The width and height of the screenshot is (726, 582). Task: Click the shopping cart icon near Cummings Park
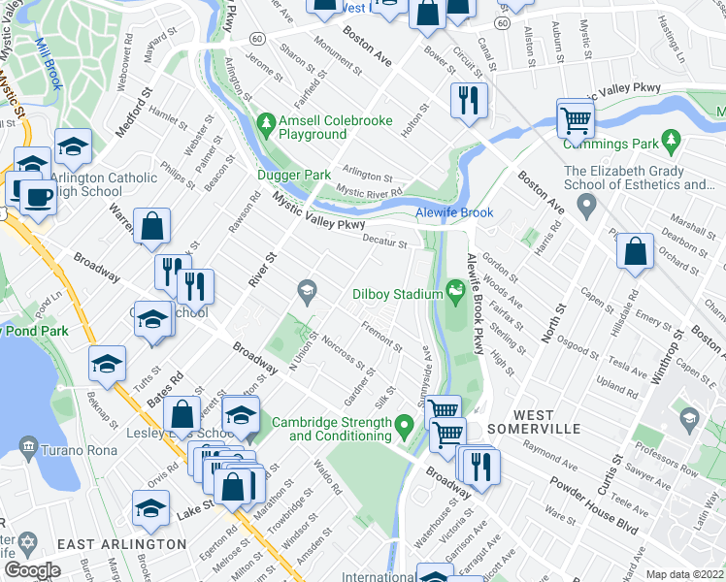coord(576,120)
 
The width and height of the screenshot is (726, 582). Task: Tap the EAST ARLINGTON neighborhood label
coord(121,544)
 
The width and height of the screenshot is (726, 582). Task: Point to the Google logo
coord(32,570)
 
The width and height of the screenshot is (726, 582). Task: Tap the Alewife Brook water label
coord(455,212)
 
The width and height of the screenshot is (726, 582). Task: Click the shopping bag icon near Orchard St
coord(635,250)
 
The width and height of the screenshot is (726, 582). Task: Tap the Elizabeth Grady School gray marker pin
coord(585,206)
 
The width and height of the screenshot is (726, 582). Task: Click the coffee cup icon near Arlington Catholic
coord(38,197)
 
